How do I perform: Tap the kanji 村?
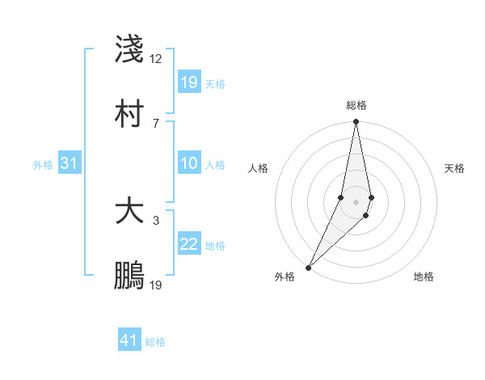130,112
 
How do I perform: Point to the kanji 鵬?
130,275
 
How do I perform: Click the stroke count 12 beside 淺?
156,59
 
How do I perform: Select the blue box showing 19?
189,82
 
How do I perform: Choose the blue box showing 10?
189,163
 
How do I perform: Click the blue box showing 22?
189,244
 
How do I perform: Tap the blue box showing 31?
70,163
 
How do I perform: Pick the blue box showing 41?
129,340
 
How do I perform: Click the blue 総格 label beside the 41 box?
155,342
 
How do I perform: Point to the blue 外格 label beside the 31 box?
43,165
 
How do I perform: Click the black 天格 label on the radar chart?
454,168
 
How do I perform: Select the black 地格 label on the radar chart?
424,277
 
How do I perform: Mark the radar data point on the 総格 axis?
356,121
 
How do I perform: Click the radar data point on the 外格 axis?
308,267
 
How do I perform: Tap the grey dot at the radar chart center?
356,201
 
